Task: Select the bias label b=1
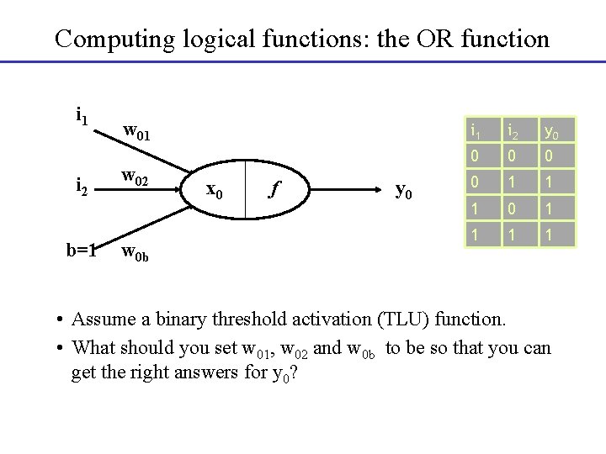coord(82,250)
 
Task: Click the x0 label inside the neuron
coord(215,190)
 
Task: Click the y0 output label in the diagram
coord(404,191)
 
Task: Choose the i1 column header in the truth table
coord(476,130)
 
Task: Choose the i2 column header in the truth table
coord(512,130)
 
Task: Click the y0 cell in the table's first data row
coord(548,155)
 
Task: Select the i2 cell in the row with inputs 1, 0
coord(512,207)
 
